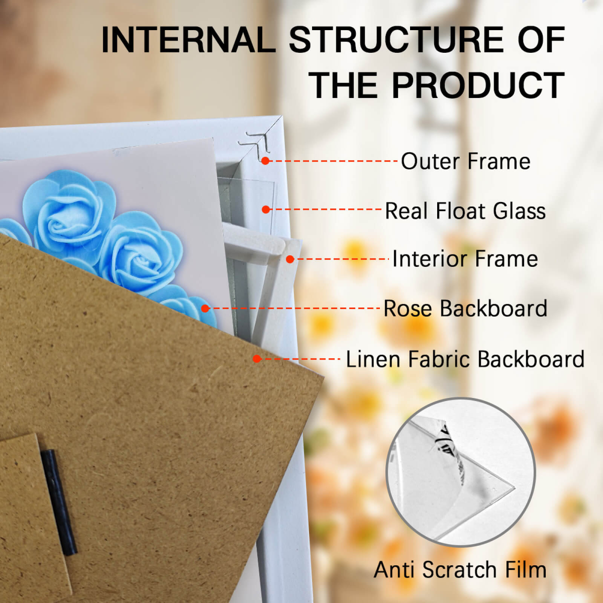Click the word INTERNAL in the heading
point(189,40)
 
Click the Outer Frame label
point(465,161)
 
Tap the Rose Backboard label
point(465,308)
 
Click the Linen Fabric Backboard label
point(465,359)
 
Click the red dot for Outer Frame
point(265,161)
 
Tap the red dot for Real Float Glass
point(266,210)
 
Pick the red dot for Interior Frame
point(290,259)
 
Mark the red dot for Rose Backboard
point(205,309)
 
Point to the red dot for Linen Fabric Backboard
point(257,359)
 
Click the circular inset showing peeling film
point(460,472)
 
